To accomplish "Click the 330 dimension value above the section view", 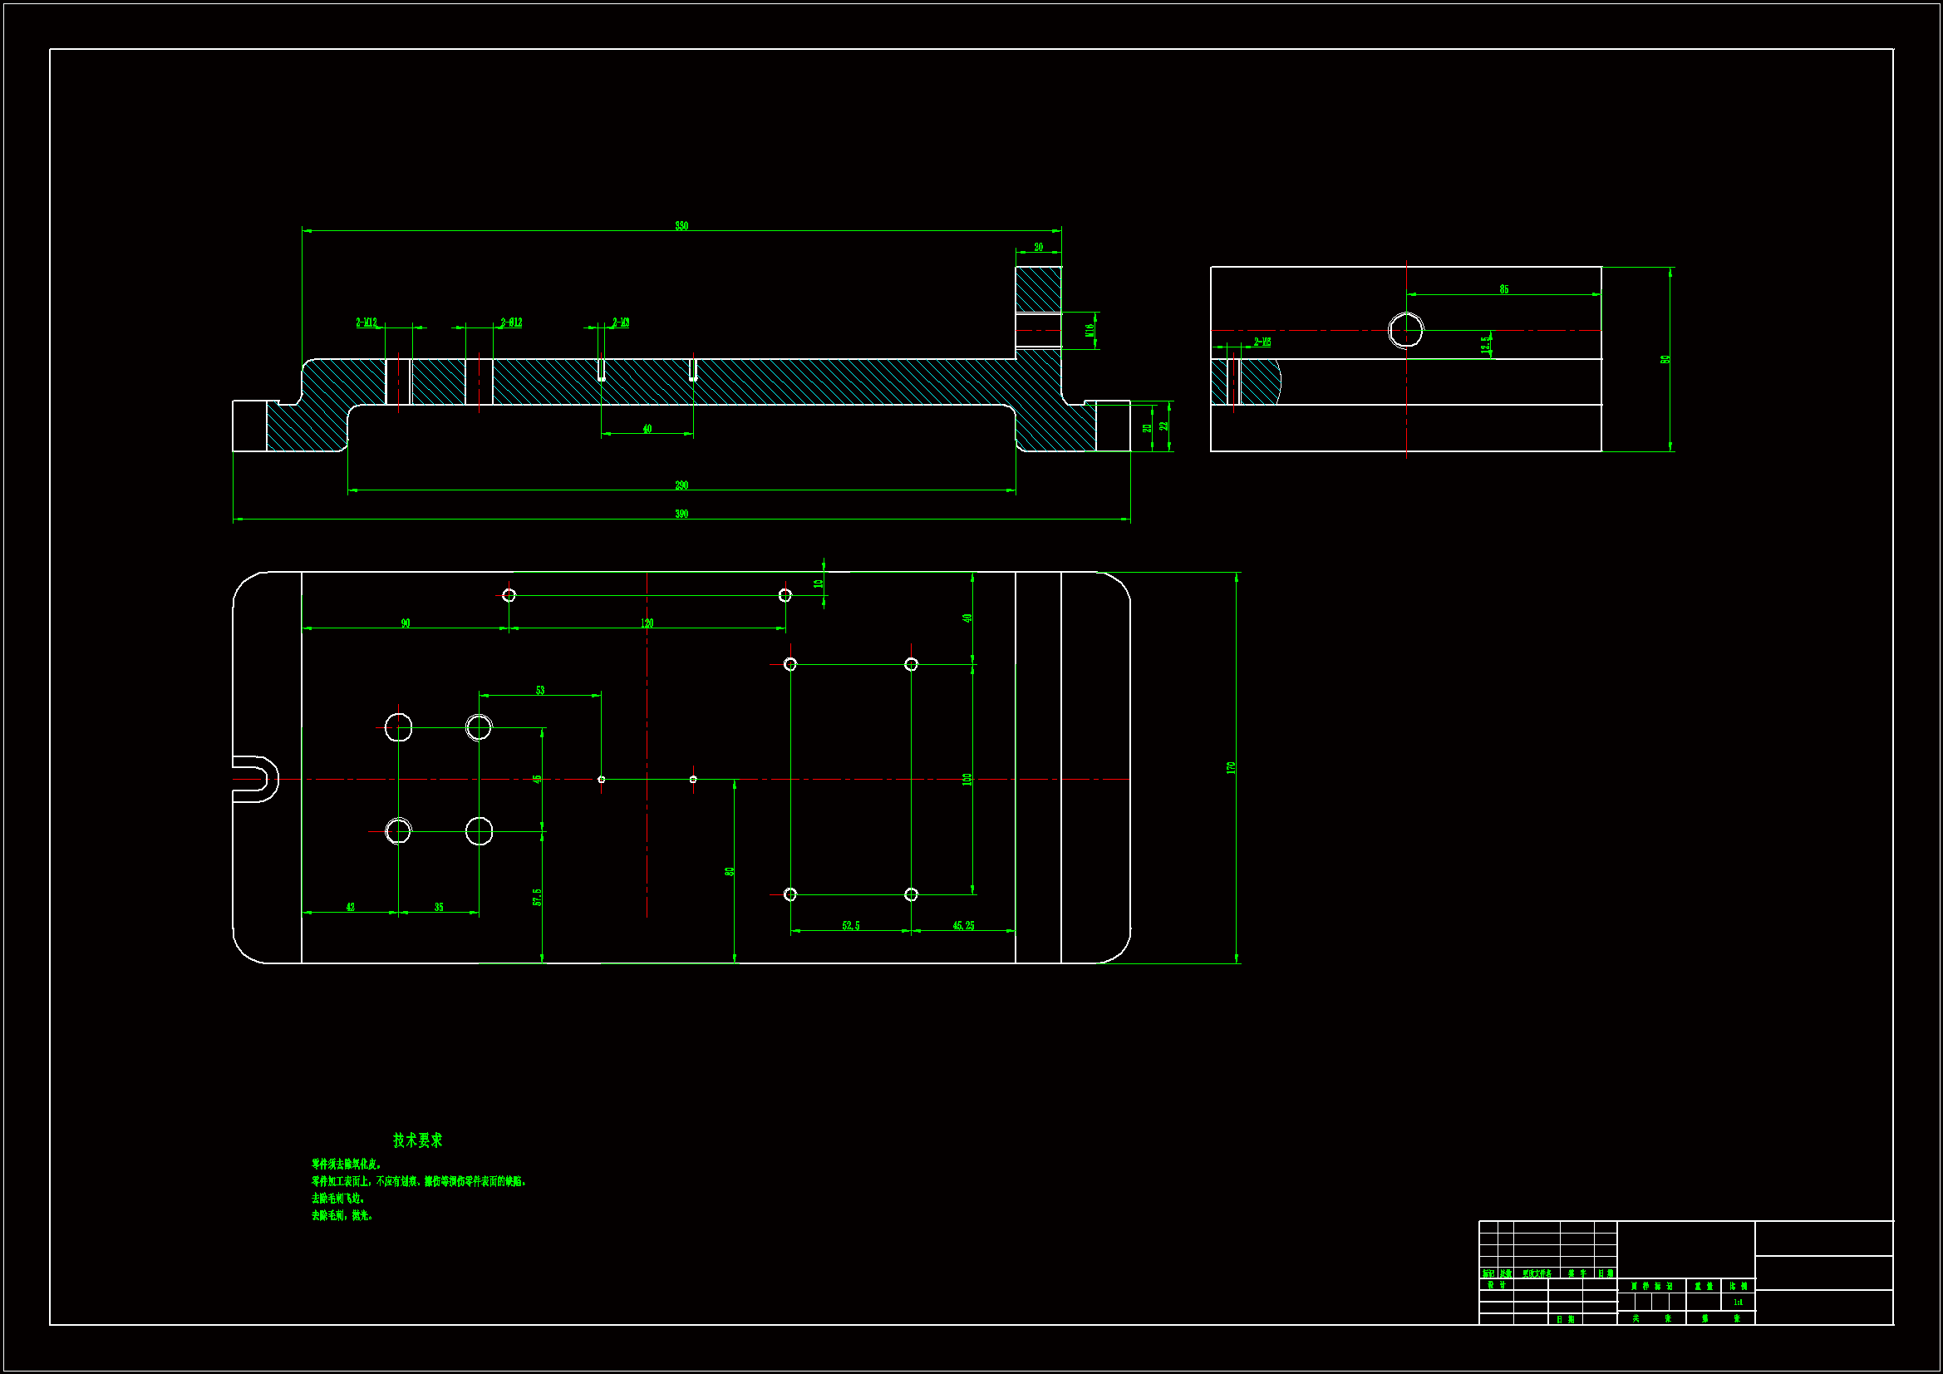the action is [681, 226].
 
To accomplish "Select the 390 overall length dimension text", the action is [681, 514].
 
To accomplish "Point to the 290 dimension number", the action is [681, 485].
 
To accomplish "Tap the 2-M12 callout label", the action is [366, 323].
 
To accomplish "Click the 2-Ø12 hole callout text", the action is [511, 323].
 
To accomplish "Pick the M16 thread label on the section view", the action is [1090, 330].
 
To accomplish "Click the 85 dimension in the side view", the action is [1504, 289].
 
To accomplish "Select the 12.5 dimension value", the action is [1485, 345].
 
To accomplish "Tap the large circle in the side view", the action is [1405, 329].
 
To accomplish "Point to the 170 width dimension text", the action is [1232, 767].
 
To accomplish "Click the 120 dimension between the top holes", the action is [647, 623].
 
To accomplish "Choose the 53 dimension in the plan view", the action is [540, 690].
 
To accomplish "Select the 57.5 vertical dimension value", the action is [538, 897].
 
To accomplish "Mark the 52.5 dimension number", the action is [850, 925].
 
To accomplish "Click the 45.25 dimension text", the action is [963, 925].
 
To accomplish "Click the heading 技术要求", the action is [417, 1140].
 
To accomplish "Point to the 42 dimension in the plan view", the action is [351, 907].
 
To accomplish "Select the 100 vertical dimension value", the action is [967, 779].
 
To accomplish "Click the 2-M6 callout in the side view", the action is [1262, 342].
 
